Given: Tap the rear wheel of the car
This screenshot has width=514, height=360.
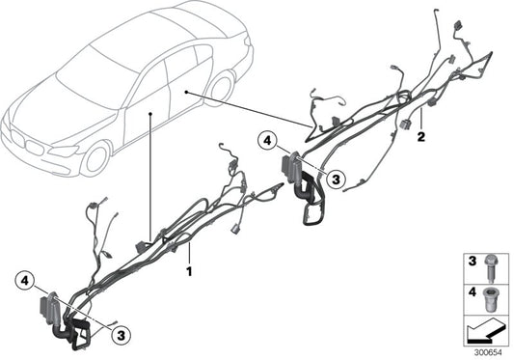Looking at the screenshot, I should pyautogui.click(x=220, y=88).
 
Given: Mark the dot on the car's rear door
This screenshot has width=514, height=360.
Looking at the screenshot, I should pyautogui.click(x=182, y=89).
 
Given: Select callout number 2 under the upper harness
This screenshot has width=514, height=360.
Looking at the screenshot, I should pyautogui.click(x=421, y=139).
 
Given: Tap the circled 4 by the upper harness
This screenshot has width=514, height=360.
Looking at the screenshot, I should pyautogui.click(x=267, y=144).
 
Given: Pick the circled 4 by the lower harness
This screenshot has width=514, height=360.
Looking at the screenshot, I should pyautogui.click(x=24, y=282).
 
